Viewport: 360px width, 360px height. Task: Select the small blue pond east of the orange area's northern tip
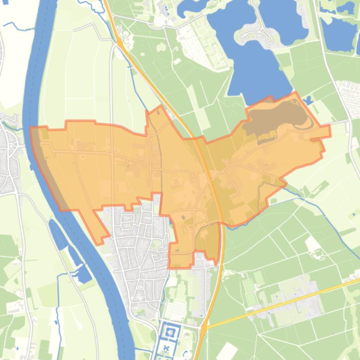308,100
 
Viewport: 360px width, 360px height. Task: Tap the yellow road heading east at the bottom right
300,299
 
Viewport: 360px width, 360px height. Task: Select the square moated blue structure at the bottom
169,333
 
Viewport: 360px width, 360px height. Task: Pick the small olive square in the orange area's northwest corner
44,134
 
